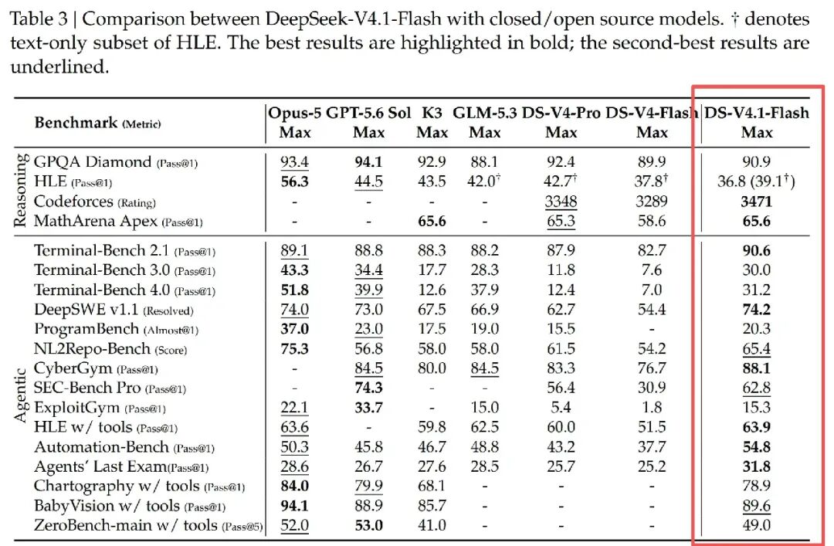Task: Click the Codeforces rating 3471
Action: [756, 202]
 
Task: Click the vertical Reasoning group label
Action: [20, 191]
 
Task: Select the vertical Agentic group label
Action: [20, 395]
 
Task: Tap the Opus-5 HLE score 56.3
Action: [295, 182]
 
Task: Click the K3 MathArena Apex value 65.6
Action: [432, 222]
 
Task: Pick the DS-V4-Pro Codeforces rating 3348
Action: [561, 202]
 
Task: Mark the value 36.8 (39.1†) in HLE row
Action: [756, 181]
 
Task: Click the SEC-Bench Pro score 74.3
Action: [368, 388]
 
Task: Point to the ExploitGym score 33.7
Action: [368, 408]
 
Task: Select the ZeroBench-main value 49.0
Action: [756, 525]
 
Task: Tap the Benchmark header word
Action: [76, 123]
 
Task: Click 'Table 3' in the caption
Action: [39, 19]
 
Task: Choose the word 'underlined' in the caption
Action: [59, 67]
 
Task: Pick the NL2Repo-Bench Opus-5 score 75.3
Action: [295, 348]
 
